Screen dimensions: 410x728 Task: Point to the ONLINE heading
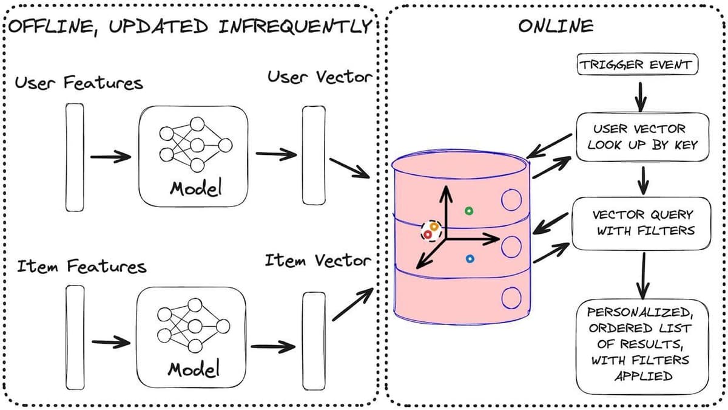pos(555,26)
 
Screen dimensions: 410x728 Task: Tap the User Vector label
pos(318,78)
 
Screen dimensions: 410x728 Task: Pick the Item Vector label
pos(317,261)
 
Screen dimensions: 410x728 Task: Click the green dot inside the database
pos(468,211)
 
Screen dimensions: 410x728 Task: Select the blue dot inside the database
pos(469,259)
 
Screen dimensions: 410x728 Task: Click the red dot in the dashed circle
pos(427,234)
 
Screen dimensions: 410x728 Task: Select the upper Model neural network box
pos(194,156)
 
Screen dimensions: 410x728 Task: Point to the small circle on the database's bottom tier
pos(511,297)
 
